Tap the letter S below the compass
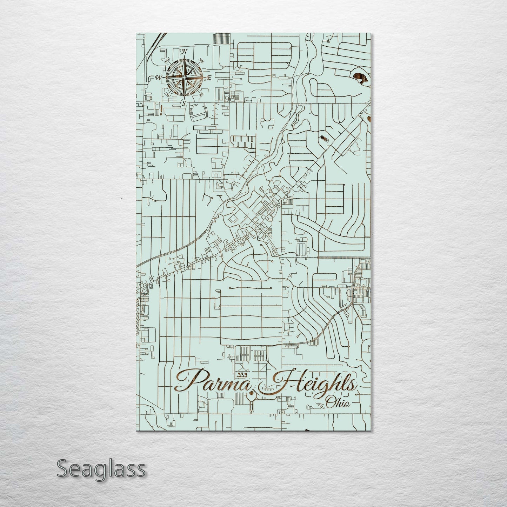[x=184, y=103]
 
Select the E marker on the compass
[x=209, y=78]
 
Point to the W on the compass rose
[x=159, y=78]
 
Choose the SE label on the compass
[x=201, y=94]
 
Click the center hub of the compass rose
[x=184, y=78]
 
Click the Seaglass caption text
[x=101, y=468]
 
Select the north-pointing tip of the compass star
[x=184, y=57]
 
